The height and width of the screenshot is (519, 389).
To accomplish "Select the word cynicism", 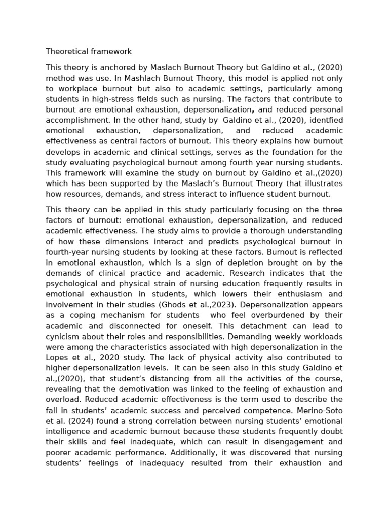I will pyautogui.click(x=63, y=336).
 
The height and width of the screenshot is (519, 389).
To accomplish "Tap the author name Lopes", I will pyautogui.click(x=57, y=357).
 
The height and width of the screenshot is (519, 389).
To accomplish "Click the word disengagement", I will pyautogui.click(x=293, y=441).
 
